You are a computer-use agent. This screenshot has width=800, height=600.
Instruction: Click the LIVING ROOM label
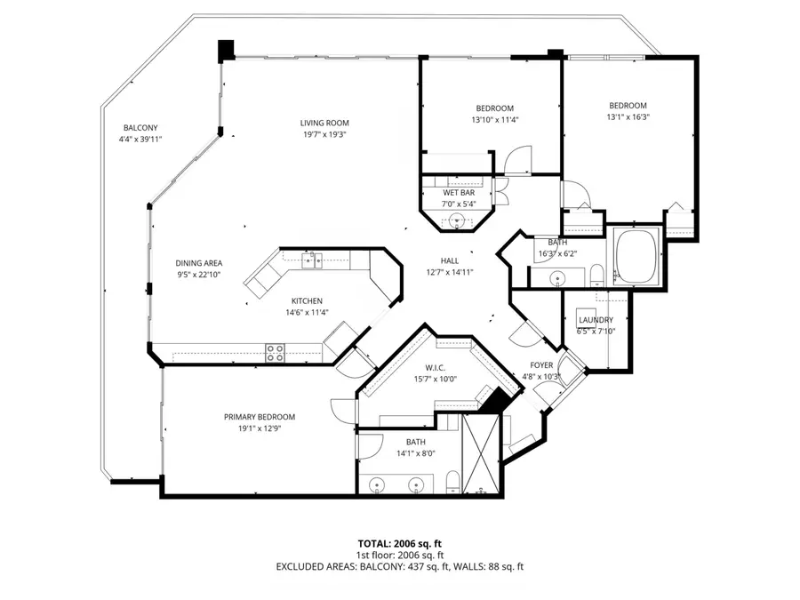coord(324,123)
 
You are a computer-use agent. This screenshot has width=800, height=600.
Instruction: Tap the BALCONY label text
coord(140,128)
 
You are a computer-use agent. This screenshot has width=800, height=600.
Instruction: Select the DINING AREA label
coord(198,263)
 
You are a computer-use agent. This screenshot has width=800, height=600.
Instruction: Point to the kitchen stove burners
coord(276,352)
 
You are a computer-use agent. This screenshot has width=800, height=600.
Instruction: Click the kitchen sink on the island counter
coord(311,260)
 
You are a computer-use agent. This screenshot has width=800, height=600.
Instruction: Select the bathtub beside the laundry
coord(636,257)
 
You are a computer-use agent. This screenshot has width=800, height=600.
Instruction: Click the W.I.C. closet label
coord(435,368)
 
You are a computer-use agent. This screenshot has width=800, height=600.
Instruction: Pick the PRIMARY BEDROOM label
coord(259,417)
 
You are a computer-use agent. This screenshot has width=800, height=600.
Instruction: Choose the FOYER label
coord(542,365)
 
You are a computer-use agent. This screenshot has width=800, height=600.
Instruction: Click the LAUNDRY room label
coord(596,320)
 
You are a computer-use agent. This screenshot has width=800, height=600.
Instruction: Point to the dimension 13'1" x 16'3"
coord(628,116)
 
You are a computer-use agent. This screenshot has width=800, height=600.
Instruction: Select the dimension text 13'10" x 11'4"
coord(494,120)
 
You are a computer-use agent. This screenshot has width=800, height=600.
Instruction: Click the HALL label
coord(450,260)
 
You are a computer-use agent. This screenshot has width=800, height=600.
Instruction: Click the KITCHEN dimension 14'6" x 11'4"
coord(304,312)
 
